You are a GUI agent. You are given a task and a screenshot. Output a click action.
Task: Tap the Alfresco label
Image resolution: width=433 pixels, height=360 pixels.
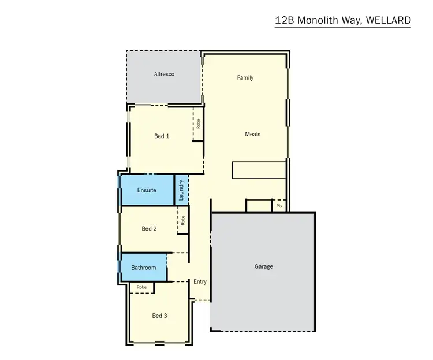point(164,75)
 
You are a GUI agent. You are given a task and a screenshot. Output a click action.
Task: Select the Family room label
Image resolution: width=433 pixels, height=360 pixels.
point(245,77)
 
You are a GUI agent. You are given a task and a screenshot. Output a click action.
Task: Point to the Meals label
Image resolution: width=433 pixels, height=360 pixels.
point(252,134)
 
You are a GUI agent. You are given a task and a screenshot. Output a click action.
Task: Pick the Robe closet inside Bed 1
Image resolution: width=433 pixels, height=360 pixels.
point(198,125)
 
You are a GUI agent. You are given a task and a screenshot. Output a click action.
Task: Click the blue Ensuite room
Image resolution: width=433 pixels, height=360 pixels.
point(147,190)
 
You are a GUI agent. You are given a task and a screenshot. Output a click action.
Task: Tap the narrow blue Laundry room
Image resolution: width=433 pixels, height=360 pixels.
point(181,190)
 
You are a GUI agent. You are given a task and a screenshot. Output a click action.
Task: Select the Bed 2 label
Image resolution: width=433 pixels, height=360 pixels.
point(149,229)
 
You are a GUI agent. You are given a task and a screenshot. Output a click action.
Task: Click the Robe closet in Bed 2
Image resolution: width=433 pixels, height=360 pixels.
point(183,220)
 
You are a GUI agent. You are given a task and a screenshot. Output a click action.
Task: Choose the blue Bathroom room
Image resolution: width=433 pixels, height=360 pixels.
point(143,268)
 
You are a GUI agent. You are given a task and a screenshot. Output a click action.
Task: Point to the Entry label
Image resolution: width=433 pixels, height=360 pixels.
point(200,282)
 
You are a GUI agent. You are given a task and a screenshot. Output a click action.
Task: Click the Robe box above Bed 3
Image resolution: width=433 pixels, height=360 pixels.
point(141,287)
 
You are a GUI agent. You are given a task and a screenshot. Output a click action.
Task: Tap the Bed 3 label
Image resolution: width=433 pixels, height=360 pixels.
point(159,316)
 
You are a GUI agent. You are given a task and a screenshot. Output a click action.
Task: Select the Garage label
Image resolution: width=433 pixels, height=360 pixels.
point(263,266)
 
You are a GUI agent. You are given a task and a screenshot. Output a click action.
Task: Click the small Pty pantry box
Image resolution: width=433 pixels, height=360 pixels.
point(279,205)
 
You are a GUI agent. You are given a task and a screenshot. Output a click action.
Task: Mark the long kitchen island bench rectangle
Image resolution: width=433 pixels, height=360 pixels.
point(259,170)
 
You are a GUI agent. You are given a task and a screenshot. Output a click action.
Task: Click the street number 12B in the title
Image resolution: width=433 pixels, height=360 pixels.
point(285,20)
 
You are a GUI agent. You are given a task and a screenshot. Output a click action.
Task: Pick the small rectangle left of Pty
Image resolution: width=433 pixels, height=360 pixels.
point(259,205)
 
